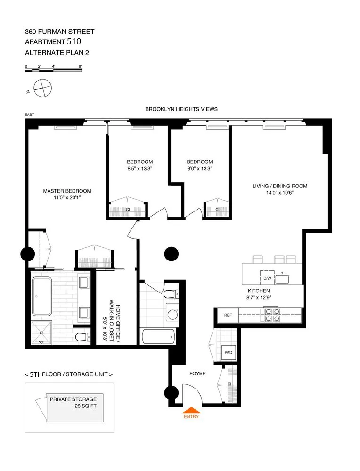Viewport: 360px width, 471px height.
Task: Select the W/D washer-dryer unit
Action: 228,352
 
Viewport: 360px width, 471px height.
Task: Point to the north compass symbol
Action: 42,88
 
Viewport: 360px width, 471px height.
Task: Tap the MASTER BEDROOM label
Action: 67,191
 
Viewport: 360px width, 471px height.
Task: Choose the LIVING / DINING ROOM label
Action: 279,186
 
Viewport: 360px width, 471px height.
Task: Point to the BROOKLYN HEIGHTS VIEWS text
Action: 181,109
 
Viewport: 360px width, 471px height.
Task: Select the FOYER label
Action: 197,374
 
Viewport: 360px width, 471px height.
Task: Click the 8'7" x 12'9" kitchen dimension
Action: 259,298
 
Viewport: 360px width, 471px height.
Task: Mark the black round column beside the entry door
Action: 171,393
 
